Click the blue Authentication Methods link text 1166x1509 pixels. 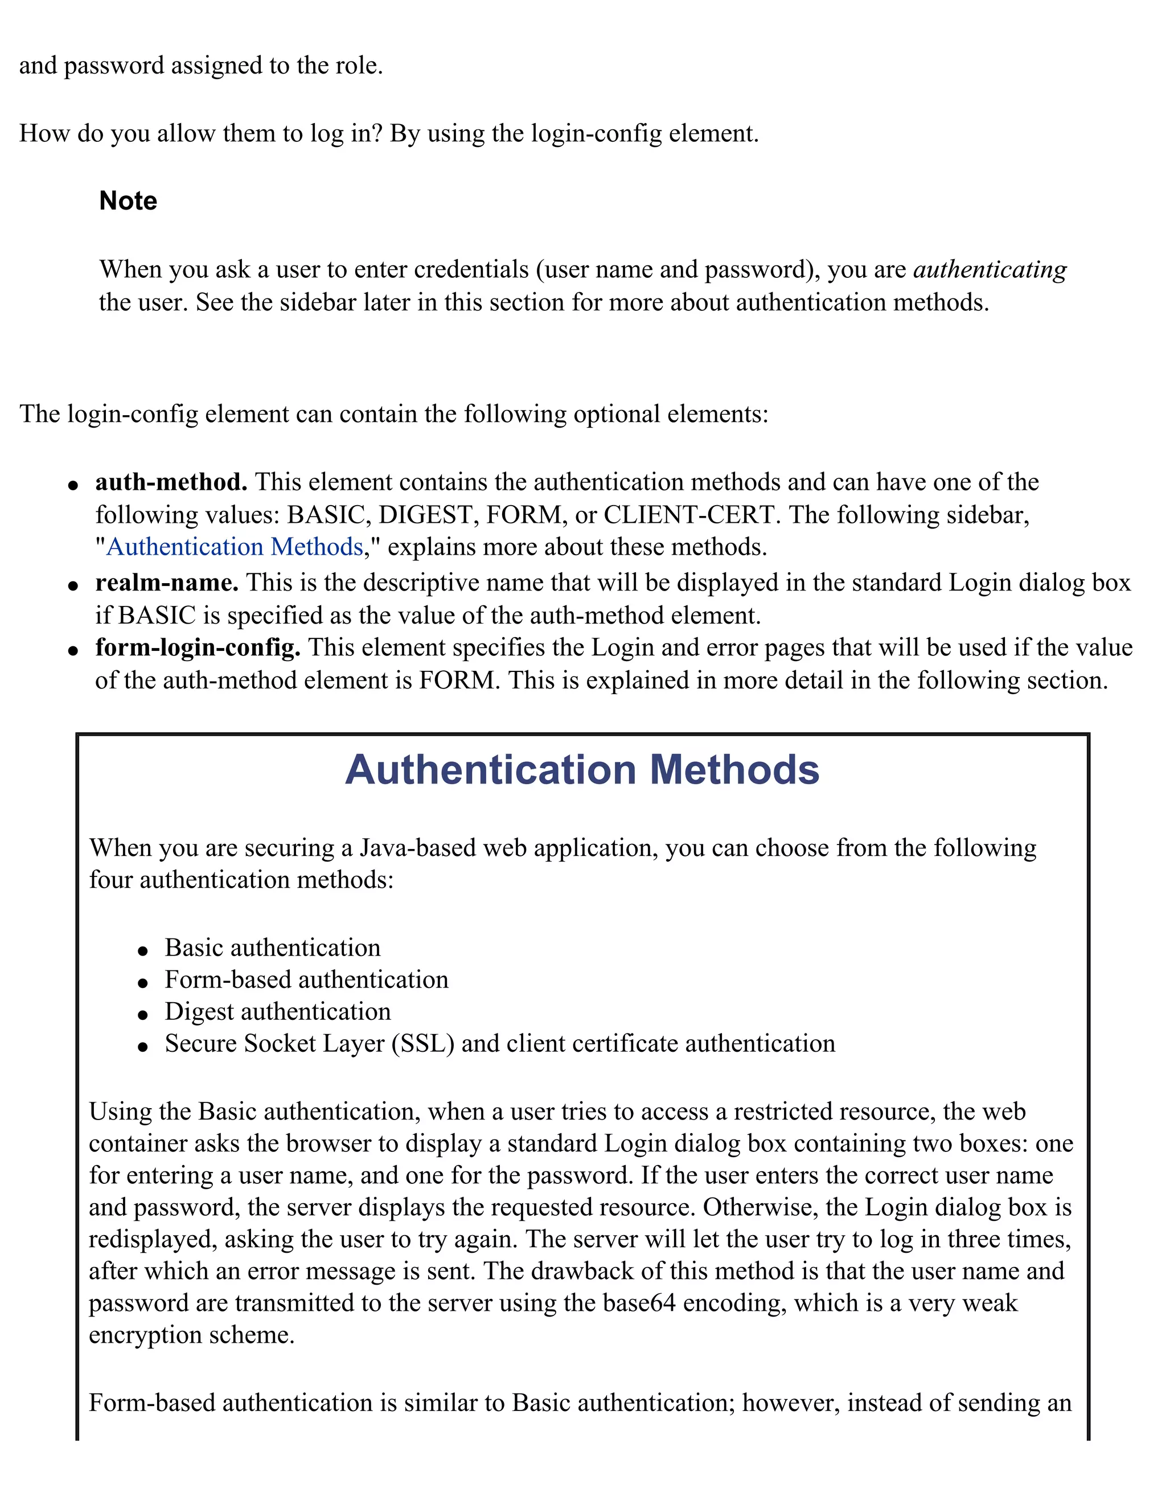(x=235, y=547)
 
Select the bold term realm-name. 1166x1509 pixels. (x=166, y=583)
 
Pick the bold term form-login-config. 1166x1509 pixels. (x=198, y=647)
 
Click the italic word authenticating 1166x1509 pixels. (x=989, y=269)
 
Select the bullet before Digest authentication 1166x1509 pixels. (x=143, y=1014)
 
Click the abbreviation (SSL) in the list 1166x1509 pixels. (x=423, y=1043)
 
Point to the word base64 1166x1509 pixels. (x=639, y=1303)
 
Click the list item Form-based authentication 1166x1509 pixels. (x=306, y=980)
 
